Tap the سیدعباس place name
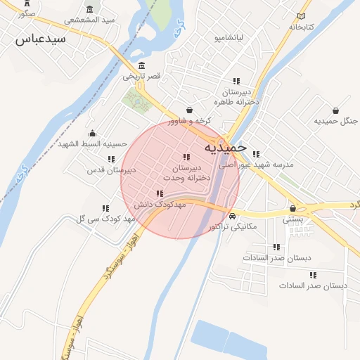pos(40,39)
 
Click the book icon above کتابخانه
pos(302,15)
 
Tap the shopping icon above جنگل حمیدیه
pos(335,110)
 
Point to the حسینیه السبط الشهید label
pos(91,143)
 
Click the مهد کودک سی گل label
pos(103,219)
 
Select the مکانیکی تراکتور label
pos(233,226)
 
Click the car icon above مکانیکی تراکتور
pos(233,216)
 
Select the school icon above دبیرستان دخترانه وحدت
pos(186,157)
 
